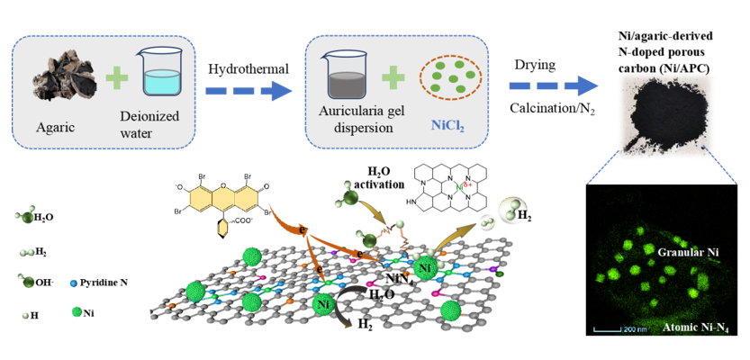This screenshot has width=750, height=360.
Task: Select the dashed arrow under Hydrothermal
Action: point(248,91)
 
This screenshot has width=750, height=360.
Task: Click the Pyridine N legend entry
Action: point(99,283)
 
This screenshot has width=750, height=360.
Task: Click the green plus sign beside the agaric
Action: point(115,77)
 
